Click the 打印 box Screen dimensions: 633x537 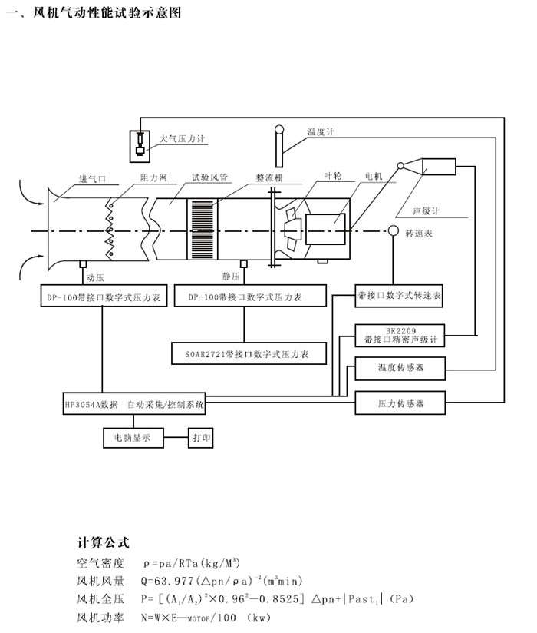202,439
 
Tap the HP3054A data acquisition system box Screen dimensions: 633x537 135,403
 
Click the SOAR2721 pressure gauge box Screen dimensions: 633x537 249,354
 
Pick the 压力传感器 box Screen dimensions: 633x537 400,402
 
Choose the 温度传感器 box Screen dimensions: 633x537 400,369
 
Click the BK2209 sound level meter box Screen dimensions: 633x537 400,334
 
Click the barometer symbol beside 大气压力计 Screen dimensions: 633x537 141,144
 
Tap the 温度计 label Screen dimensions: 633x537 320,131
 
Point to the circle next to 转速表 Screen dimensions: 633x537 393,230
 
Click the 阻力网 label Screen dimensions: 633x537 153,177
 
